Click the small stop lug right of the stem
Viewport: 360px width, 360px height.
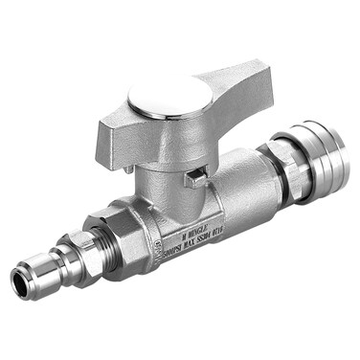pos(195,175)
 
